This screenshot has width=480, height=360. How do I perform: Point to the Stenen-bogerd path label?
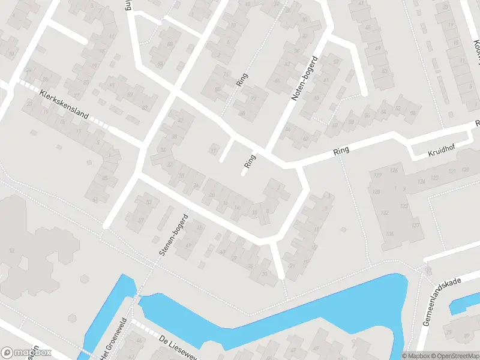point(174,235)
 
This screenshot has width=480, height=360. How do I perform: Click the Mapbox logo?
point(26,353)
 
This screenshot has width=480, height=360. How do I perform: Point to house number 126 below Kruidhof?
point(394,170)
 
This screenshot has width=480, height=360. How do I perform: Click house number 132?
point(385,212)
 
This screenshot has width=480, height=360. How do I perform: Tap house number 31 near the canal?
point(265,274)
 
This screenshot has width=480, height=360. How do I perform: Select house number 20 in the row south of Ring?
point(211,194)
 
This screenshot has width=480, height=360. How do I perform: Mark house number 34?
point(161,149)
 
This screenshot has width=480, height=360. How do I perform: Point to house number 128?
point(376,191)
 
